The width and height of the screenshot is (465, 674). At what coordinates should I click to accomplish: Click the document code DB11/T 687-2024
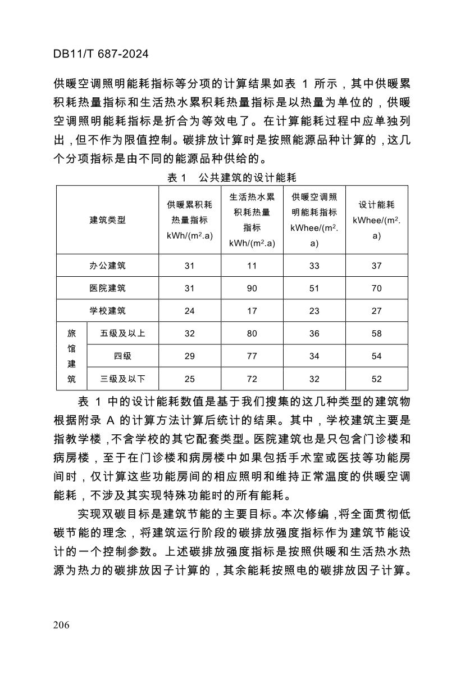tap(101, 54)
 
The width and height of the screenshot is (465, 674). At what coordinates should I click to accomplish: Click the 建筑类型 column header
tap(108, 220)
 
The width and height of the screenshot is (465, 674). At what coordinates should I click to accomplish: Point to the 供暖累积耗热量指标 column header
tap(189, 220)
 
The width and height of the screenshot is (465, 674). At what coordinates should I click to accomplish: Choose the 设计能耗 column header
tap(376, 220)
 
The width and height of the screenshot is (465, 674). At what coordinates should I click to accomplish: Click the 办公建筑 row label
tap(108, 266)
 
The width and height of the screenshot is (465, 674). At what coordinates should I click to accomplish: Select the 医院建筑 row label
tap(108, 288)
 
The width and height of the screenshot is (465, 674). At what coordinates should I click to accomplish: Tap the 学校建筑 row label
tap(108, 311)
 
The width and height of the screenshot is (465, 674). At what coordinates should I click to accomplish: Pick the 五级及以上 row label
tap(122, 333)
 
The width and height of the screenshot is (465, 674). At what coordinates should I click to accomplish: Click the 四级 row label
tap(122, 356)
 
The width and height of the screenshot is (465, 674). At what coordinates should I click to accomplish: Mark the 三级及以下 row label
tap(122, 379)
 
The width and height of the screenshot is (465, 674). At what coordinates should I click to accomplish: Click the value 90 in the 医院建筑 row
tap(252, 288)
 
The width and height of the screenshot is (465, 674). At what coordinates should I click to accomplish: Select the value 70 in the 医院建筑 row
tap(376, 288)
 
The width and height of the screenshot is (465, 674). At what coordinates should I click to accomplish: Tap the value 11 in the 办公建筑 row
tap(252, 266)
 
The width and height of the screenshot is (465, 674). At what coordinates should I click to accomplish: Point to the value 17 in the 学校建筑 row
tap(252, 311)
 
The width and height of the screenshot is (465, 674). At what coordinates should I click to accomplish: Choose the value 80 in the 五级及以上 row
tap(252, 333)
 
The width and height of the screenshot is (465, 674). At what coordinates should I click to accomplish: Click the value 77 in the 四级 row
tap(252, 356)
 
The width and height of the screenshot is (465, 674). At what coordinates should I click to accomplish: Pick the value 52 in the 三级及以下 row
tap(376, 379)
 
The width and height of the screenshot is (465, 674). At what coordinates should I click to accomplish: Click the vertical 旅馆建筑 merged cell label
tap(71, 356)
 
